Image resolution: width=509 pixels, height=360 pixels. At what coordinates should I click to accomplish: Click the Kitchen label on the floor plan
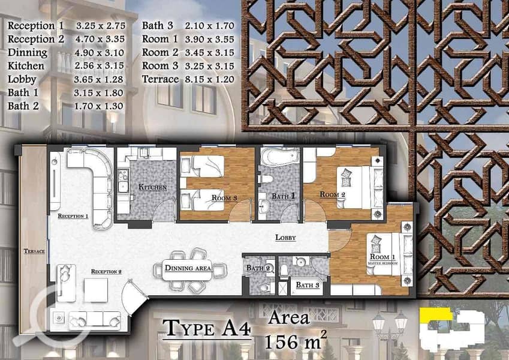tap(152, 187)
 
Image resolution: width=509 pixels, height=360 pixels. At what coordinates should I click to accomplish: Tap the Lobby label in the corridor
tap(285, 238)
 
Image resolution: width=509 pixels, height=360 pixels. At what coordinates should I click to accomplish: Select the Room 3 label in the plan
tap(224, 197)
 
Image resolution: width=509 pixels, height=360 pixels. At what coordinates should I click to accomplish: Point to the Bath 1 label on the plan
tap(284, 196)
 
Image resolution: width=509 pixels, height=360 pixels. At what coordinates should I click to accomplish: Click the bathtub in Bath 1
tap(280, 157)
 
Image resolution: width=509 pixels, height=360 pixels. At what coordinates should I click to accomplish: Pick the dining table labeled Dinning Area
tap(187, 269)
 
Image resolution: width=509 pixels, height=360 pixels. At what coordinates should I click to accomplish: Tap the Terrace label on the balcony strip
tap(34, 251)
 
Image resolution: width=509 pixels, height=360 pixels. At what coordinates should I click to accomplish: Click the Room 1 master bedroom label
tap(383, 259)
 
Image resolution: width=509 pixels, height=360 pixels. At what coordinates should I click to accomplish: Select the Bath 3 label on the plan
tap(308, 285)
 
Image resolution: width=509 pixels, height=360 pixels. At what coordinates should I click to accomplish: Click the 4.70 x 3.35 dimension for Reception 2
tap(100, 39)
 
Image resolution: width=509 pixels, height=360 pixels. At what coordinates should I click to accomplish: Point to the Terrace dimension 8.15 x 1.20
tap(210, 79)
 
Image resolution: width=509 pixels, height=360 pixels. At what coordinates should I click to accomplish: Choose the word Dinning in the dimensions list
tap(28, 53)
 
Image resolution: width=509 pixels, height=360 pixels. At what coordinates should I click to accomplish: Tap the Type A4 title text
tap(206, 328)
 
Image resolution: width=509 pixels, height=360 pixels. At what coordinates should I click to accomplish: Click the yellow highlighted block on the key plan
tap(436, 315)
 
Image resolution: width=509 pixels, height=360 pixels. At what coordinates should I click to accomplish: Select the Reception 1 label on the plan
tap(73, 216)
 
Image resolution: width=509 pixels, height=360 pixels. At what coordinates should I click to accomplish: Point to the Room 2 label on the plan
tap(332, 194)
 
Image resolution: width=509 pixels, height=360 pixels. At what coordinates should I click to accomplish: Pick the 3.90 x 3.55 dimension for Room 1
tap(210, 40)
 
